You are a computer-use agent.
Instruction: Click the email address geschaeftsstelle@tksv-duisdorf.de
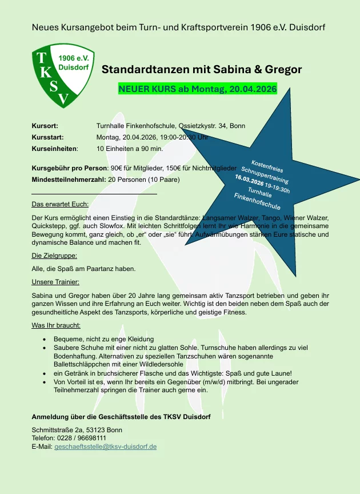tap(105, 446)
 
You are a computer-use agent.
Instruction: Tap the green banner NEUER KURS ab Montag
tap(197, 89)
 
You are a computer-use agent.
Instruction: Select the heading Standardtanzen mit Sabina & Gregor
tap(202, 70)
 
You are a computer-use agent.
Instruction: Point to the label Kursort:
tap(45, 126)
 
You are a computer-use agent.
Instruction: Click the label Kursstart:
tap(47, 137)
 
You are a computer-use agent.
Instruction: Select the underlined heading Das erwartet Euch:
tap(59, 204)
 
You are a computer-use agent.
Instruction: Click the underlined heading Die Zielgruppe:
tap(54, 256)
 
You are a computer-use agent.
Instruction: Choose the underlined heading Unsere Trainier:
tap(55, 281)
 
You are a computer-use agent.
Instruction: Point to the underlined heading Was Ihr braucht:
tap(56, 325)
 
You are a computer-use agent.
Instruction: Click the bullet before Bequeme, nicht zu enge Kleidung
tap(45, 340)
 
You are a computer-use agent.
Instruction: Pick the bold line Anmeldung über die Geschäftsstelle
tap(121, 417)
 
